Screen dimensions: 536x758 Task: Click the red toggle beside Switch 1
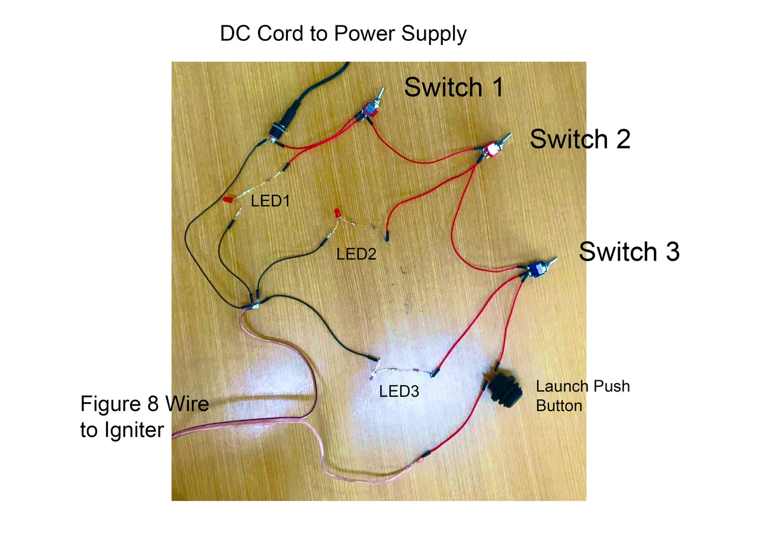click(x=370, y=110)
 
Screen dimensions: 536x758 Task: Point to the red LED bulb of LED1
click(x=227, y=201)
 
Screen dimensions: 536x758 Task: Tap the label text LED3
click(x=399, y=391)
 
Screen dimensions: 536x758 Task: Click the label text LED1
click(x=270, y=201)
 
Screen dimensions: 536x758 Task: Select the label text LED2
click(x=356, y=254)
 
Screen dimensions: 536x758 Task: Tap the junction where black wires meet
click(x=254, y=302)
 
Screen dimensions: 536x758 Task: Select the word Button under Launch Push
click(x=559, y=406)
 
